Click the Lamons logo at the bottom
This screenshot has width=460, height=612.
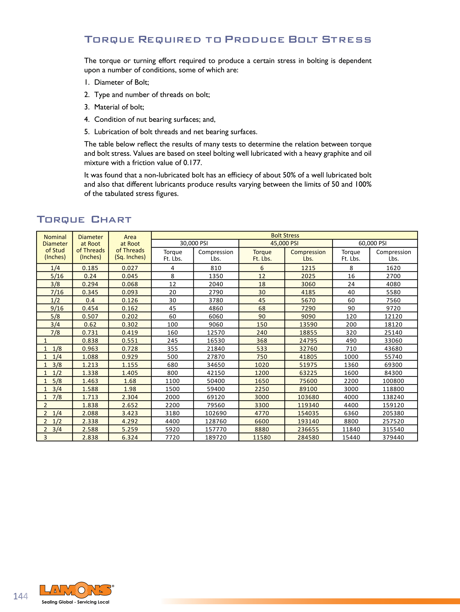pyautogui.click(x=76, y=590)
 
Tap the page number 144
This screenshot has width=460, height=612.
pyautogui.click(x=21, y=596)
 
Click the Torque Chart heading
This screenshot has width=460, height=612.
pyautogui.click(x=84, y=219)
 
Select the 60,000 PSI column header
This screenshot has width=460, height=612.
pyautogui.click(x=372, y=243)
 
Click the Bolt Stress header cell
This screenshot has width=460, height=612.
pyautogui.click(x=285, y=235)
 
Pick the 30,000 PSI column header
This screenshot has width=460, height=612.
pyautogui.click(x=194, y=243)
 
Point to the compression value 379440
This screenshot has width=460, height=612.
pyautogui.click(x=393, y=437)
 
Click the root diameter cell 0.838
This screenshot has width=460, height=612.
pyautogui.click(x=90, y=340)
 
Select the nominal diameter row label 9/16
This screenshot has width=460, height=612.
pyautogui.click(x=57, y=308)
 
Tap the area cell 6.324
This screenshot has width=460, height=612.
pyautogui.click(x=130, y=437)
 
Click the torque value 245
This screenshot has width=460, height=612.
pyautogui.click(x=172, y=340)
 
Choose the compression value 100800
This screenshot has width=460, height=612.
pyautogui.click(x=393, y=381)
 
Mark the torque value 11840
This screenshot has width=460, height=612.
pyautogui.click(x=351, y=429)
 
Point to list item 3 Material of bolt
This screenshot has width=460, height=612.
pyautogui.click(x=119, y=107)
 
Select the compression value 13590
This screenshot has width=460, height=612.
pyautogui.click(x=308, y=324)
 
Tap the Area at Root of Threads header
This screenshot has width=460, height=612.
pyautogui.click(x=130, y=247)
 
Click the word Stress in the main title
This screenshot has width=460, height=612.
pyautogui.click(x=347, y=40)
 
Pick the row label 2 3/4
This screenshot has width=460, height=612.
pyautogui.click(x=53, y=429)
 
